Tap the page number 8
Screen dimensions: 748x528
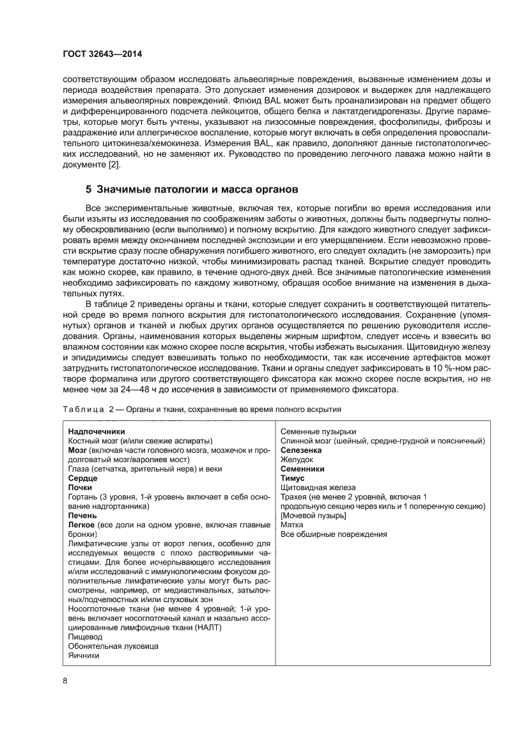65,680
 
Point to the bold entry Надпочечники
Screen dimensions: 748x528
97,431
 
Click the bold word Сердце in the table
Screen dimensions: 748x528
82,478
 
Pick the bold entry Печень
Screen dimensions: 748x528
82,515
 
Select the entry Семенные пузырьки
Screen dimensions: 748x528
318,431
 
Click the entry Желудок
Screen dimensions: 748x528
297,459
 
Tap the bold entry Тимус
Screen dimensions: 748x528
293,478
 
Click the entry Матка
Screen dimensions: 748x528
293,525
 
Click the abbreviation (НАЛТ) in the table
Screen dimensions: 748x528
205,628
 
